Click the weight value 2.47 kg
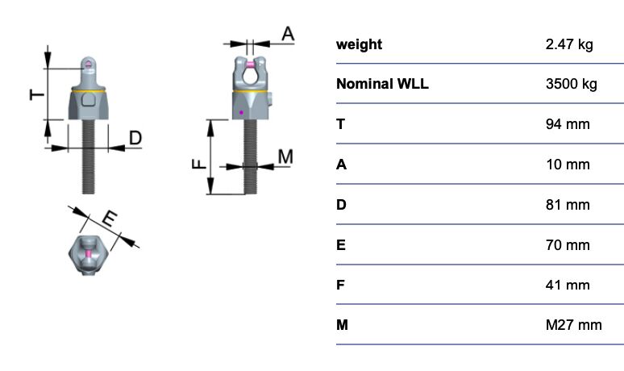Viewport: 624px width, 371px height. [569, 44]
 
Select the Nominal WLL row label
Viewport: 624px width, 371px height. [382, 84]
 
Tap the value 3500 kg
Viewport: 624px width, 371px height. [572, 84]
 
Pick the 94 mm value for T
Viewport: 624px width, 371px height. [568, 124]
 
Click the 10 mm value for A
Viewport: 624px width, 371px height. [568, 165]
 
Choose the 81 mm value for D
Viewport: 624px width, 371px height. [568, 205]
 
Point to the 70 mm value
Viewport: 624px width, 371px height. [568, 245]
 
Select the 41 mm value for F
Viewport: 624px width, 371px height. [568, 285]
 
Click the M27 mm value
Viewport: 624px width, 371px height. [573, 325]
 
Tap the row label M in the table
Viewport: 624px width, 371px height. [342, 325]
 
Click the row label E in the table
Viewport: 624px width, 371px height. [341, 245]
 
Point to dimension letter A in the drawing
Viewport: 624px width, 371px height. [288, 34]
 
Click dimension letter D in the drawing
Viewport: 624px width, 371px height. [135, 138]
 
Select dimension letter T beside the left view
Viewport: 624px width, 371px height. [37, 94]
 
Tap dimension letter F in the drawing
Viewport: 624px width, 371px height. [199, 164]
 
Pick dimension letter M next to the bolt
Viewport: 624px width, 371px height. [285, 156]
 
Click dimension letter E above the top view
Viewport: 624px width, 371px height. [110, 219]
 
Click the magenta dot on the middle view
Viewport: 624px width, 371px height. [241, 113]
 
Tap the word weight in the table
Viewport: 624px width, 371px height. [359, 44]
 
